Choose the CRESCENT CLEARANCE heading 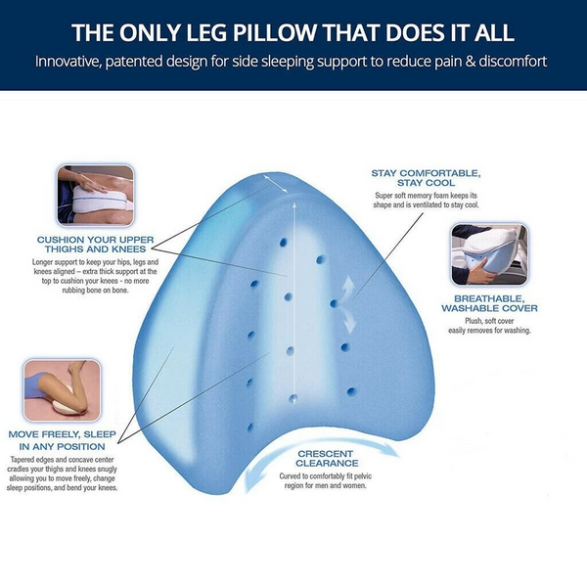click(x=326, y=457)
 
